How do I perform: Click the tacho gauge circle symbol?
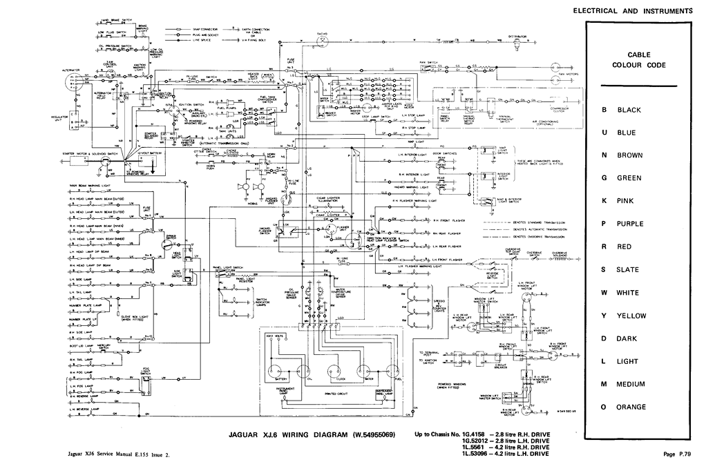coord(322,41)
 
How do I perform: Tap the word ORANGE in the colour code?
coord(631,407)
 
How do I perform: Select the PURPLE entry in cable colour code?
coord(631,224)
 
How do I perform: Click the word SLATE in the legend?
coord(628,269)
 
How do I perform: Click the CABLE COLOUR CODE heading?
coord(638,59)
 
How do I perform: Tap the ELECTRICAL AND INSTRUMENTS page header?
coord(632,11)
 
